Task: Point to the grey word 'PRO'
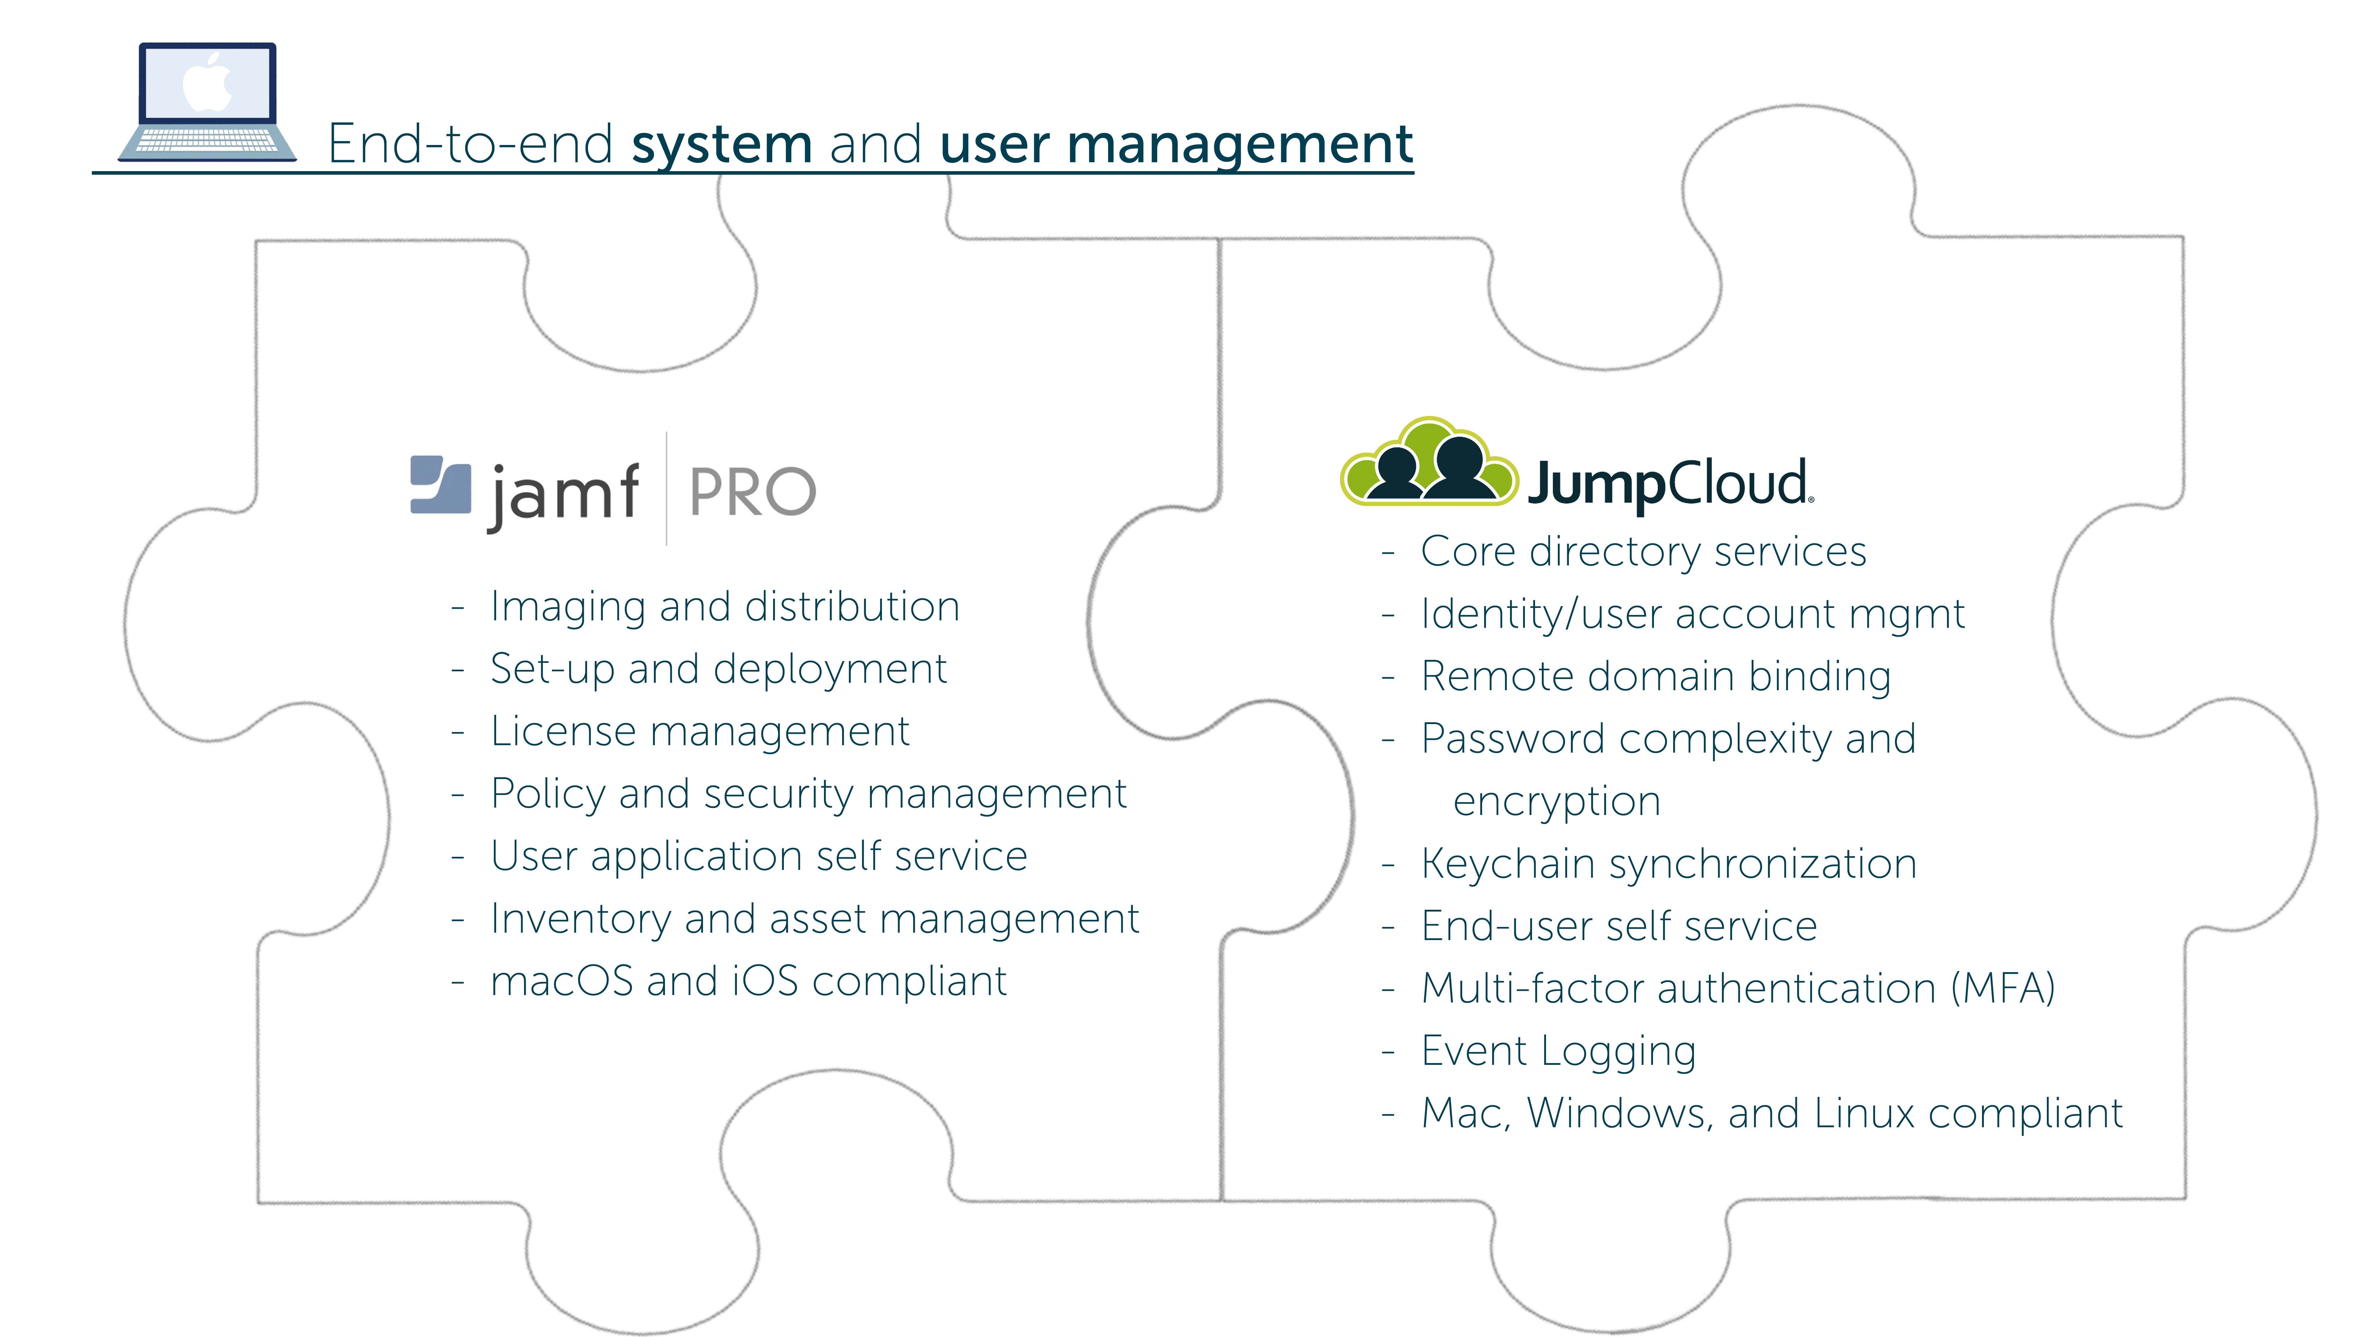(752, 492)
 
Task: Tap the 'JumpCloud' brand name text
(1669, 483)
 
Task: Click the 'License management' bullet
(700, 732)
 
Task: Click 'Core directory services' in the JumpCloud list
(1643, 552)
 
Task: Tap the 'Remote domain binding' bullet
(1655, 676)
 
